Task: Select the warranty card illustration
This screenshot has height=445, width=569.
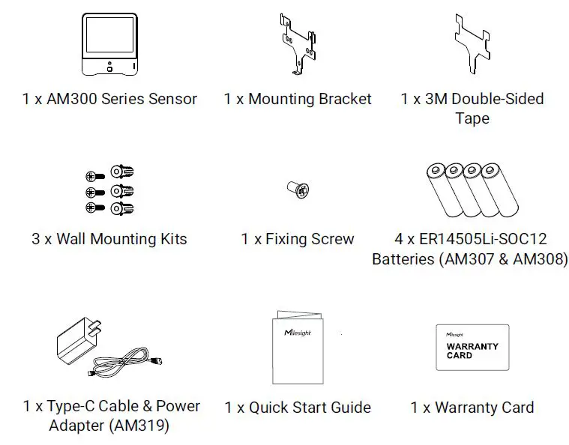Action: pos(472,346)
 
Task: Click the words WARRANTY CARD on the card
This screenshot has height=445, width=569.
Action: pos(472,351)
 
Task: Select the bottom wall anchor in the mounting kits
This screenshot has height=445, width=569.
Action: pos(121,208)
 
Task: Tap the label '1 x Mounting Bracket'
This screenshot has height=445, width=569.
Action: pos(298,99)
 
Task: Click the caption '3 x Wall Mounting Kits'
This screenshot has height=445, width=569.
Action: pos(109,240)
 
